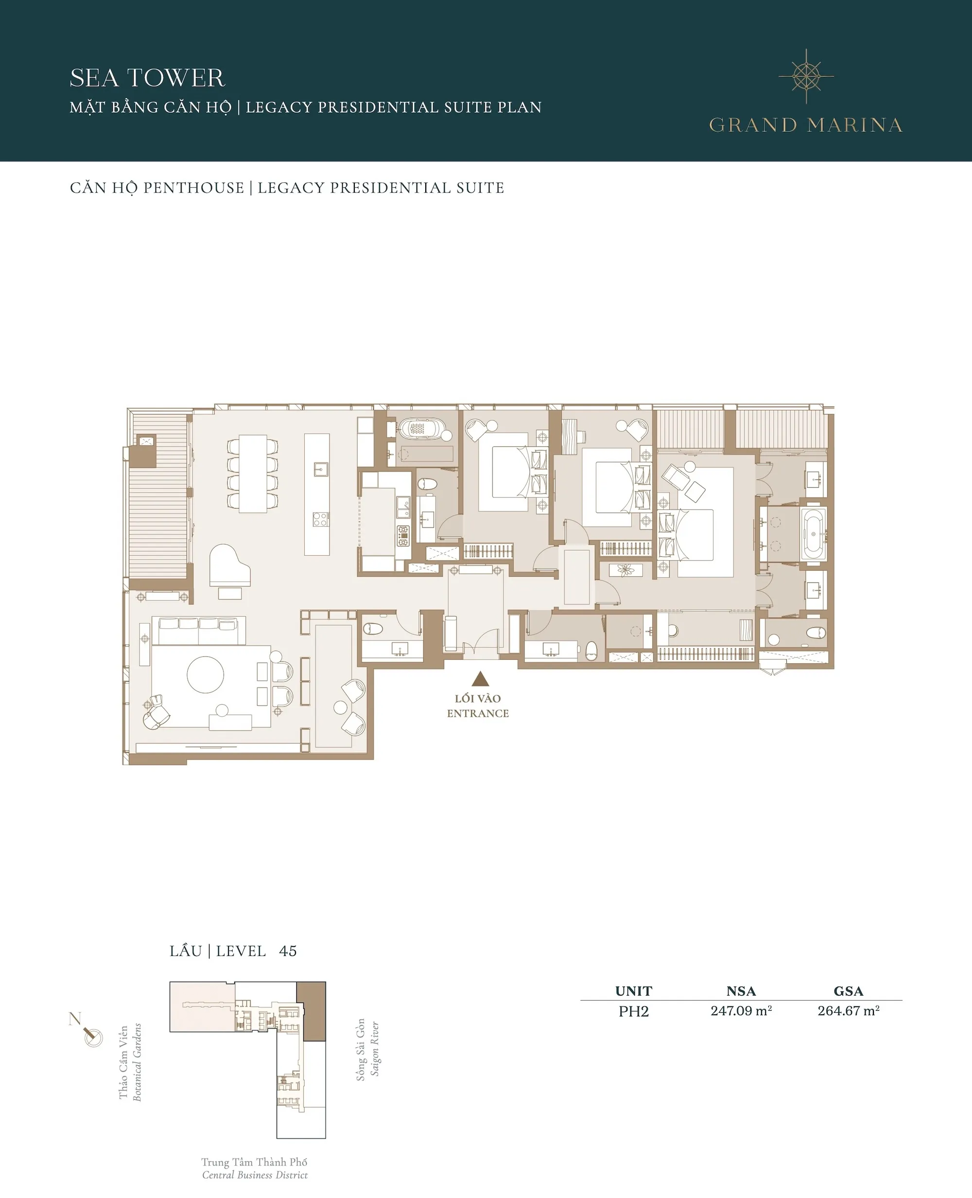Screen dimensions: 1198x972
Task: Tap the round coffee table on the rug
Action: click(x=205, y=674)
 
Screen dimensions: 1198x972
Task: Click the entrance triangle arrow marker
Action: click(x=480, y=679)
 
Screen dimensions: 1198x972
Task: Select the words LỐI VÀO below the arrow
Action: click(x=478, y=698)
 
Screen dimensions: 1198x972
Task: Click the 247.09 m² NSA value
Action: click(x=741, y=1011)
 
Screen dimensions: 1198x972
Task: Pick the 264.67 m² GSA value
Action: click(x=848, y=1011)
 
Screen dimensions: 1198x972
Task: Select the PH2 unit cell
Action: click(x=633, y=1011)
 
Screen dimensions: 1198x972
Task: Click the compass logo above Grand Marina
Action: click(x=806, y=76)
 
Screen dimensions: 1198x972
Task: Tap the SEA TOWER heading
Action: click(x=147, y=78)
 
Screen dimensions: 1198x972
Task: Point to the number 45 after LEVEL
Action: click(x=288, y=951)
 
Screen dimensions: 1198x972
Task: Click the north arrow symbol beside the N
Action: click(x=92, y=1036)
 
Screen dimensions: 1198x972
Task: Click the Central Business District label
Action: click(x=255, y=1175)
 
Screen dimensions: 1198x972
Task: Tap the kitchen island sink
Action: click(x=320, y=469)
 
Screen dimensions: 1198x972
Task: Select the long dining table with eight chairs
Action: click(x=253, y=473)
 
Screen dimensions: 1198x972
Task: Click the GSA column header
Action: click(x=848, y=991)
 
